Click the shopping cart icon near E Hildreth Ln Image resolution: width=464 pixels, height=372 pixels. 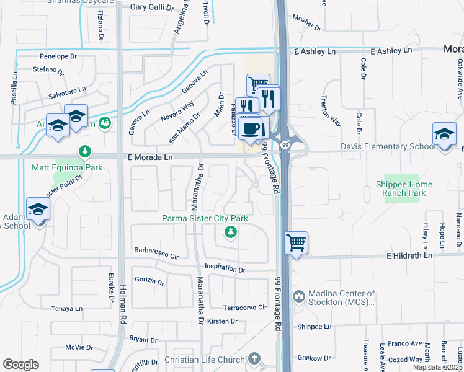(297, 242)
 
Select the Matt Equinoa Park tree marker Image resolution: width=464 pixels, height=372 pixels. (85, 151)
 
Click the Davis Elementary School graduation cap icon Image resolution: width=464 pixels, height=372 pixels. (444, 134)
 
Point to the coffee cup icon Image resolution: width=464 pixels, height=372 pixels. (250, 129)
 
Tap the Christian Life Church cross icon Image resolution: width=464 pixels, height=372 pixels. (254, 358)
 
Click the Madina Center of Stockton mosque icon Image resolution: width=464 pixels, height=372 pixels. (298, 297)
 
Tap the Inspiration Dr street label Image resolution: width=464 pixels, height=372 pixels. (225, 270)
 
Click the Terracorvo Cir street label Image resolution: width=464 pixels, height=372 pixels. (244, 308)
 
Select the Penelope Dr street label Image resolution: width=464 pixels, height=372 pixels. (58, 55)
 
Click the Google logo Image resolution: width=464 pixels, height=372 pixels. (20, 365)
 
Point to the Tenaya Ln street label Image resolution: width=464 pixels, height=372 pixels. (67, 308)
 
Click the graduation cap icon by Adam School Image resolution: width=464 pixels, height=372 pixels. (38, 210)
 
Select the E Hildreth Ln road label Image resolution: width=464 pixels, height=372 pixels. (409, 255)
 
